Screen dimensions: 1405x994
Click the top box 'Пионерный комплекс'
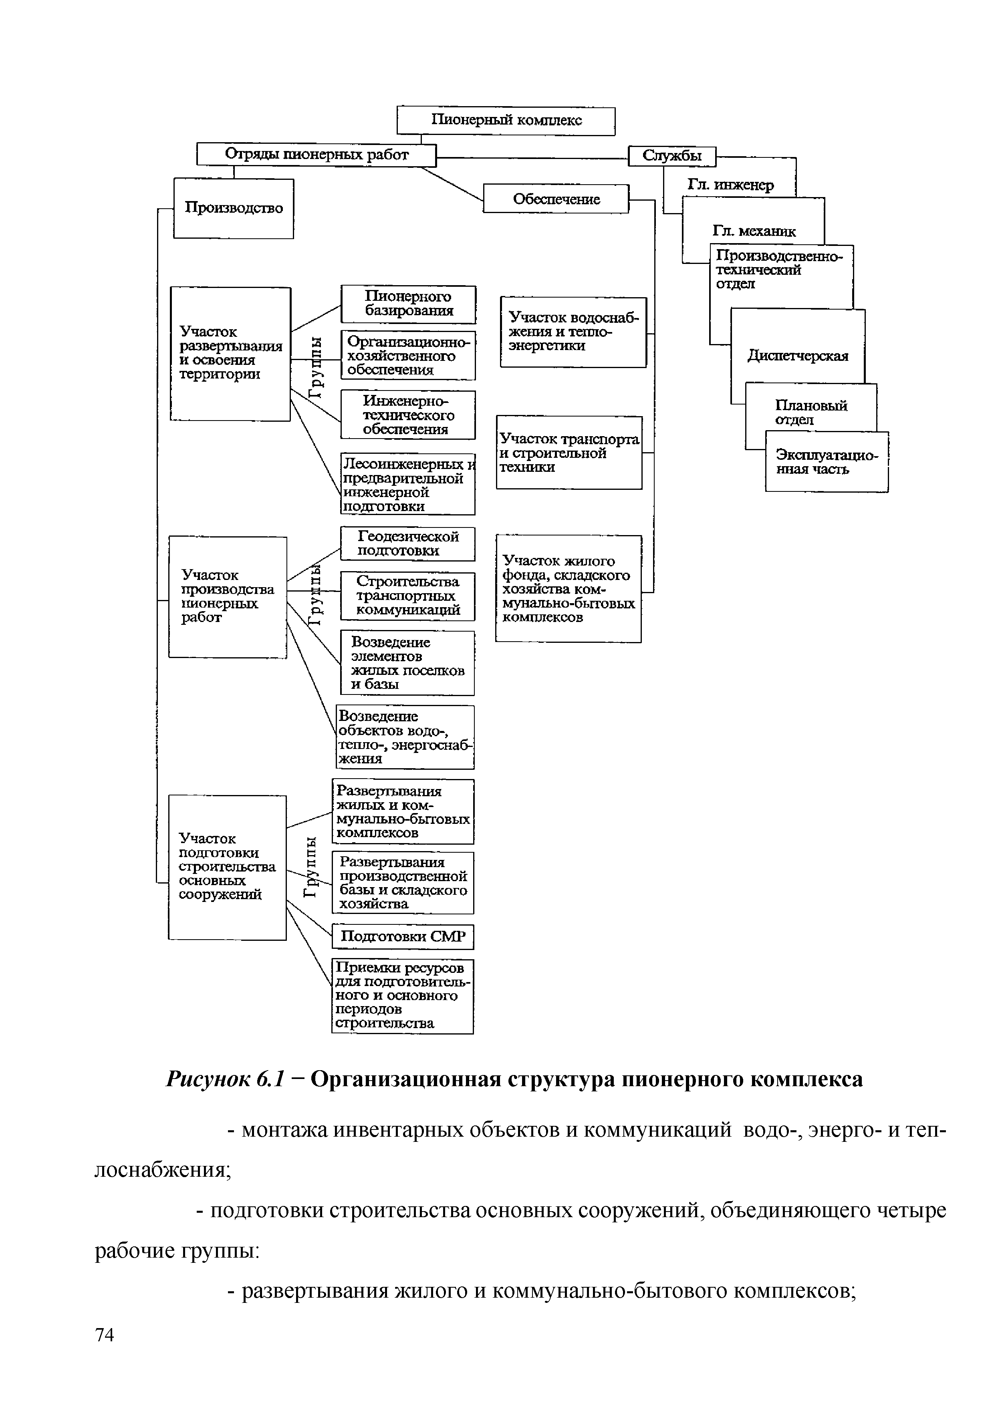coord(506,121)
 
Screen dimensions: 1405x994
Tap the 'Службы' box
coord(671,156)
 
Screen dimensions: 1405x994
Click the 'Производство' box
coord(234,207)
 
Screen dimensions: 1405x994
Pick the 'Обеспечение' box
coord(556,199)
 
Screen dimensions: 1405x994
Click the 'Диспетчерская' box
coord(798,356)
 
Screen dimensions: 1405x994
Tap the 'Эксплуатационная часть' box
coord(826,462)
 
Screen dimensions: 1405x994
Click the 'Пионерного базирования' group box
coord(408,304)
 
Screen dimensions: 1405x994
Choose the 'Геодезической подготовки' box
coord(407,543)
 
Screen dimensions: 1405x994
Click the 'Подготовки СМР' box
coord(403,936)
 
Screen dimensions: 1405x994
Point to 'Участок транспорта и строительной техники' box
coord(569,453)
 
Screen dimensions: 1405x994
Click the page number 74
coord(105,1351)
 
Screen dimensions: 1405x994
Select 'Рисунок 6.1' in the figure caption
coord(225,1079)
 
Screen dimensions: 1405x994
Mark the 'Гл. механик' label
coord(754,231)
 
